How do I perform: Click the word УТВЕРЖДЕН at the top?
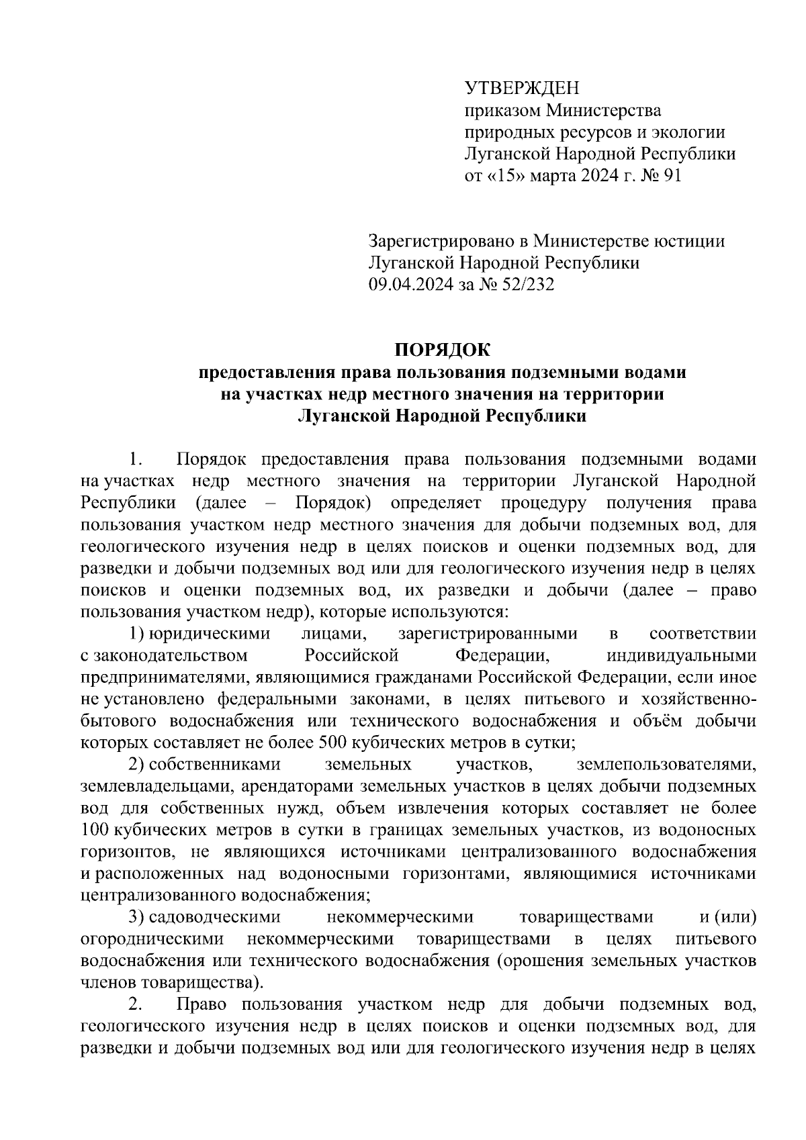tap(521, 88)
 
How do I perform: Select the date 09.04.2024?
tap(411, 285)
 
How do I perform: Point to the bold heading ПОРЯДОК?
tap(442, 350)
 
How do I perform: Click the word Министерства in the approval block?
tap(602, 110)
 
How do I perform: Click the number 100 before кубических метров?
tap(94, 830)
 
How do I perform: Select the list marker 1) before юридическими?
tap(136, 634)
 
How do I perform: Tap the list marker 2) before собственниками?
tap(136, 765)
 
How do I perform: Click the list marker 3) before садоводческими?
tap(136, 917)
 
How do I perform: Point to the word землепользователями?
tap(666, 765)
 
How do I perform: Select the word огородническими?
tap(152, 939)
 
